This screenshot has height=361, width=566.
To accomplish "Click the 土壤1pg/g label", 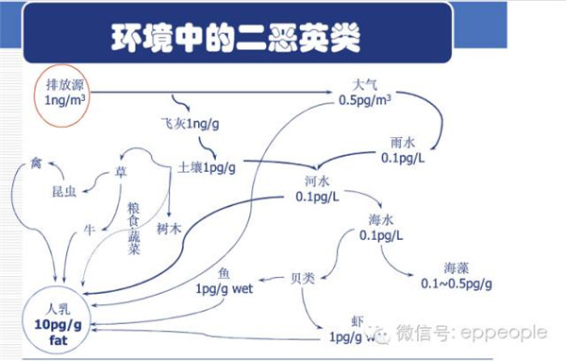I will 207,167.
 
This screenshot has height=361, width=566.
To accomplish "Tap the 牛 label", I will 91,228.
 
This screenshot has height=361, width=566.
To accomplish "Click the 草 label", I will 120,172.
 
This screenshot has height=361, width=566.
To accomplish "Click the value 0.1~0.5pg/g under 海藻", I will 458,284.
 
